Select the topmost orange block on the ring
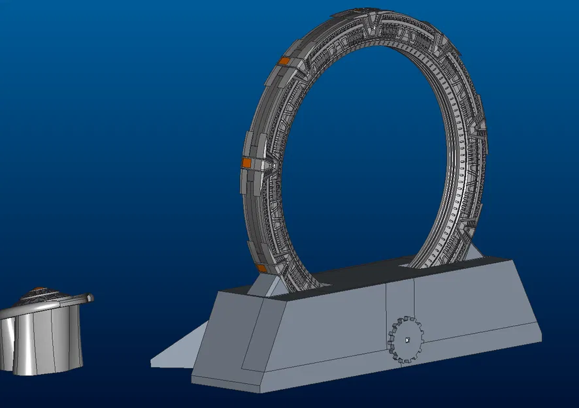284,61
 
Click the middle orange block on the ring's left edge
247,161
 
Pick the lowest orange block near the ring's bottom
260,268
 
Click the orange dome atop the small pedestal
41,289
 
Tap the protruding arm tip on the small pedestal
89,298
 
